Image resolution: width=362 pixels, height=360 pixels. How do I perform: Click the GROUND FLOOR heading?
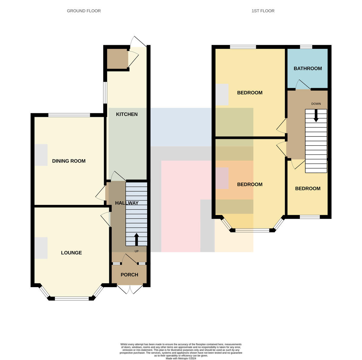click(x=84, y=11)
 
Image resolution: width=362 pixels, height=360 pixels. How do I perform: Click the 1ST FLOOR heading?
click(x=263, y=11)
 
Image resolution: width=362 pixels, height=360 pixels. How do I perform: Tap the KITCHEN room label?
click(x=127, y=114)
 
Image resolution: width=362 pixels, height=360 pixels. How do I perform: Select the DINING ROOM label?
click(x=69, y=161)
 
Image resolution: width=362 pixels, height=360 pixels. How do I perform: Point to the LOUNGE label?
click(x=71, y=253)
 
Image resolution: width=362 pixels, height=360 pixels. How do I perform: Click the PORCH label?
click(x=129, y=275)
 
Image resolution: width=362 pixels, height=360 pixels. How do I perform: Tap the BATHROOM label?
click(x=307, y=68)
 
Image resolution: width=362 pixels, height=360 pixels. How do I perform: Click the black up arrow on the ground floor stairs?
click(x=136, y=239)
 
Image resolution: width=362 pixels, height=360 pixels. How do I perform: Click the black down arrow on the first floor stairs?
click(x=316, y=116)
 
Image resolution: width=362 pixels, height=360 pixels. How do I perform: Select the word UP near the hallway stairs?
click(x=137, y=251)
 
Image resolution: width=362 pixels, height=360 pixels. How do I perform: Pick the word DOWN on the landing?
click(x=316, y=104)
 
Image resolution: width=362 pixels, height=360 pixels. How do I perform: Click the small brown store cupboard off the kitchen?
click(x=118, y=59)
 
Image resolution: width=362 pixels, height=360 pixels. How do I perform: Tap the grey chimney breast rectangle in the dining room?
click(x=41, y=155)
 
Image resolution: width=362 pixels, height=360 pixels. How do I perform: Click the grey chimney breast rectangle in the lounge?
click(x=41, y=248)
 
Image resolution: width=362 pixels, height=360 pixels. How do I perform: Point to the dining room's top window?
click(x=69, y=115)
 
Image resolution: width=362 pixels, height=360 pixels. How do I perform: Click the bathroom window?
click(x=306, y=47)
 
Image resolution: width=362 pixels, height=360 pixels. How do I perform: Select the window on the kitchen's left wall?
click(x=105, y=92)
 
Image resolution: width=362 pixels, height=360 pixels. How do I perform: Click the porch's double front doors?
click(x=130, y=290)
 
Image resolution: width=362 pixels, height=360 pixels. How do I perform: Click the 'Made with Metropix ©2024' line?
click(x=181, y=358)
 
